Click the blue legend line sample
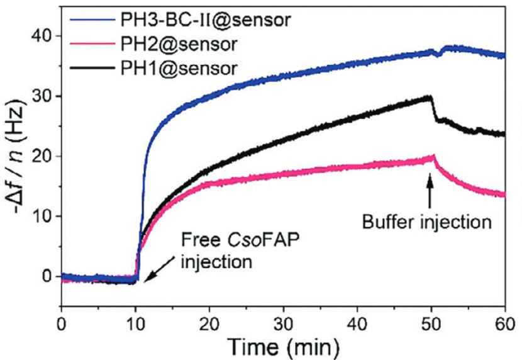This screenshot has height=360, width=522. [x=91, y=20]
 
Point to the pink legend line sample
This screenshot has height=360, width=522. [x=91, y=43]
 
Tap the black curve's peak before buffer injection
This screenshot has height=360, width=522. [x=430, y=96]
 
